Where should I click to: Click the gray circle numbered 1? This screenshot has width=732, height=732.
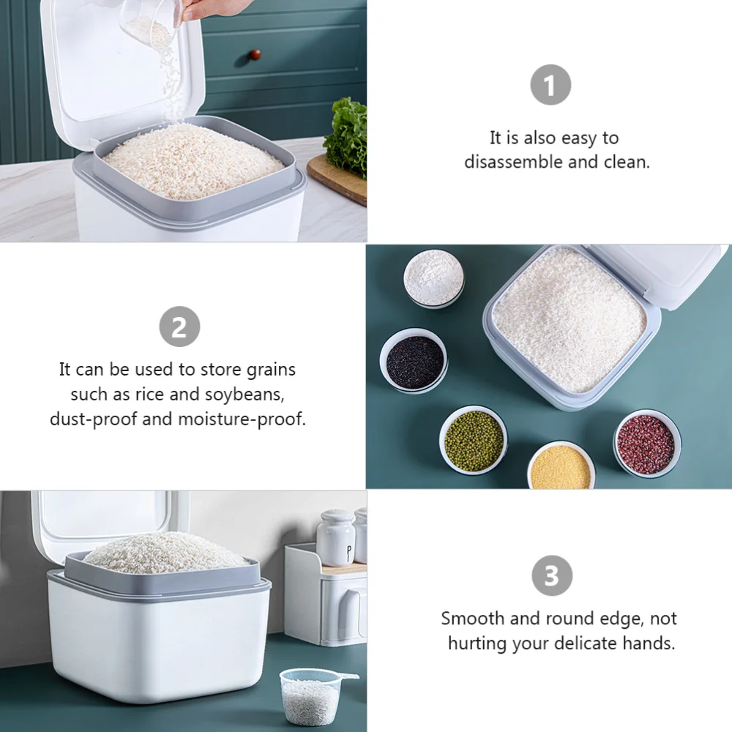[x=550, y=86]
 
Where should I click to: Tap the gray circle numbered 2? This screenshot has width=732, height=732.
[x=179, y=327]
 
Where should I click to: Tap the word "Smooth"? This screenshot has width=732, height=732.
[x=472, y=619]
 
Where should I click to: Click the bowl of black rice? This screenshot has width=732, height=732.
[x=414, y=362]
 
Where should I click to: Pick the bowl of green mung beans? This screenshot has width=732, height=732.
[x=474, y=441]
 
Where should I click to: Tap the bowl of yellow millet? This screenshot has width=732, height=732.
[x=561, y=466]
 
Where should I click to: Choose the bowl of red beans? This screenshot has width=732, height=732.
[x=646, y=444]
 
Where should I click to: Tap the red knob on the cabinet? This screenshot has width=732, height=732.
[x=255, y=55]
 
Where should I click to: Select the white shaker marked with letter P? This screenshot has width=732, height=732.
[x=337, y=539]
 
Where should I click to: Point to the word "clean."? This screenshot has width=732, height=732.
[x=627, y=162]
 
